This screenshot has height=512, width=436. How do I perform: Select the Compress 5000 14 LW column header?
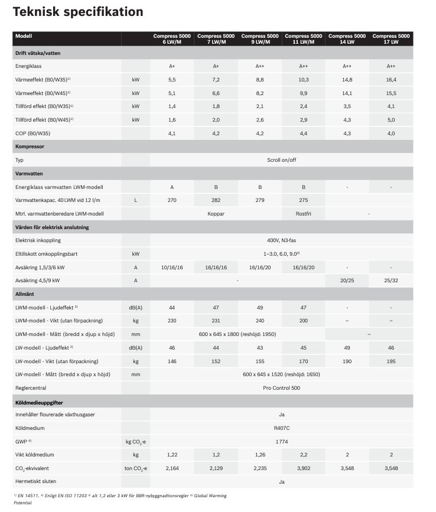pos(347,39)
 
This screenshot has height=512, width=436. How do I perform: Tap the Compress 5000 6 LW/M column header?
pos(172,39)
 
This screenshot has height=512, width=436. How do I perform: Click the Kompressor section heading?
pos(30,145)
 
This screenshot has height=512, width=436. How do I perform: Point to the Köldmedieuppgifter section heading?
pos(39,402)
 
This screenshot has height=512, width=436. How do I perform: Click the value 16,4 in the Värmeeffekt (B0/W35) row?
pos(391,79)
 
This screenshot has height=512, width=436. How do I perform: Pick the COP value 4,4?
pos(304,133)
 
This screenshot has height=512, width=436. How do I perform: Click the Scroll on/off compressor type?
pos(281,159)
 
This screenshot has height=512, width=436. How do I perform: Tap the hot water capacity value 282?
pos(216,200)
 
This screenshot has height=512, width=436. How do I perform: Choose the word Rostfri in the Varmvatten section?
pos(304,214)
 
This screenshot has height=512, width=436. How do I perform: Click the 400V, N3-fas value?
pos(281,240)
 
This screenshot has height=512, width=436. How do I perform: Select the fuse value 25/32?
pos(391,281)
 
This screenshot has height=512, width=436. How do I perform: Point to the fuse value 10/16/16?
pos(172,267)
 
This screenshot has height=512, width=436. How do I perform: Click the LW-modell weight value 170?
pos(304,361)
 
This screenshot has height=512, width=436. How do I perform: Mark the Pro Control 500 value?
pos(281,388)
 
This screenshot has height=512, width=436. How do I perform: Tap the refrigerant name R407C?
pos(281,428)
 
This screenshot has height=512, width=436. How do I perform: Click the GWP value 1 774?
pos(281,441)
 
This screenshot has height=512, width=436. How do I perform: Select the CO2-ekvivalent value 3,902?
pos(304,468)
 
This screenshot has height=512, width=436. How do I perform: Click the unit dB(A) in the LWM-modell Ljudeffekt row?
pos(135,307)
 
